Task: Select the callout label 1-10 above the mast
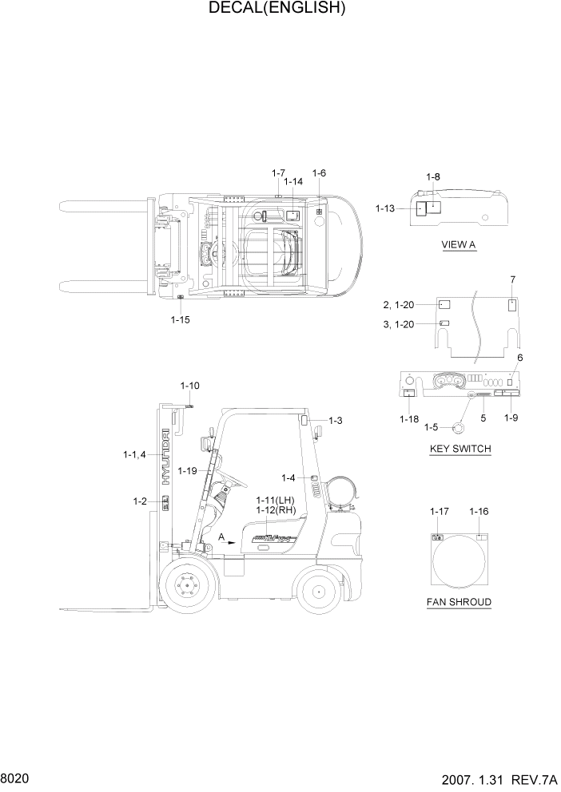(189, 386)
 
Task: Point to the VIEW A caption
(459, 245)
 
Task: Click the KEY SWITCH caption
(460, 449)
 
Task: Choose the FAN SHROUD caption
(459, 601)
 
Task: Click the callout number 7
(513, 279)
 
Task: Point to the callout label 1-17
(439, 511)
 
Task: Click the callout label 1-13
(385, 208)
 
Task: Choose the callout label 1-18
(408, 419)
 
